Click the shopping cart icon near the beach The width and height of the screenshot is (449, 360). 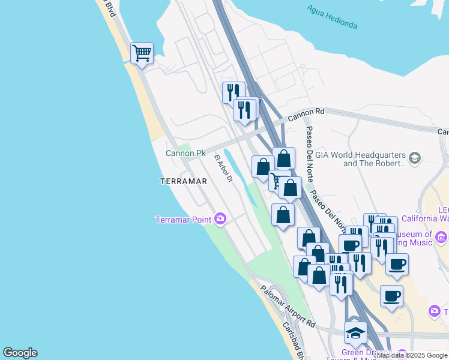pyautogui.click(x=142, y=53)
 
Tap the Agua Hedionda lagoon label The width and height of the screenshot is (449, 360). pyautogui.click(x=332, y=17)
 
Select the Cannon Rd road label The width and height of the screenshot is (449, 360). pyautogui.click(x=306, y=112)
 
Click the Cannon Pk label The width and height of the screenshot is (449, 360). pyautogui.click(x=186, y=153)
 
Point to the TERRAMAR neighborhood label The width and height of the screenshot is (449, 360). pyautogui.click(x=184, y=181)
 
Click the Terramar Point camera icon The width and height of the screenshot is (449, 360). pyautogui.click(x=220, y=219)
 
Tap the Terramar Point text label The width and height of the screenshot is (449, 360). pyautogui.click(x=183, y=220)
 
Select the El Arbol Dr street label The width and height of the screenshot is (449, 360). pyautogui.click(x=223, y=170)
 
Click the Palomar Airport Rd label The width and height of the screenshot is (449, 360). pyautogui.click(x=288, y=306)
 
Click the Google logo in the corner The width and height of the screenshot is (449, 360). pyautogui.click(x=20, y=353)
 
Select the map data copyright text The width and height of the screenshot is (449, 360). pyautogui.click(x=412, y=356)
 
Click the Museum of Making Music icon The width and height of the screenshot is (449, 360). pyautogui.click(x=442, y=238)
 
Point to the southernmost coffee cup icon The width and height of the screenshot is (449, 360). pyautogui.click(x=391, y=296)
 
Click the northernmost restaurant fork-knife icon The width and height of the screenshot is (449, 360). pyautogui.click(x=233, y=92)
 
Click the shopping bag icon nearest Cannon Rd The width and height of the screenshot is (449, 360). pyautogui.click(x=283, y=158)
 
